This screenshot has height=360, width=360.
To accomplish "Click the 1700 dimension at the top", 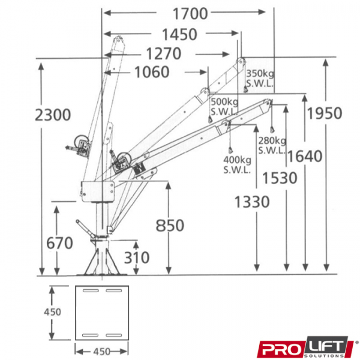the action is click(190, 14).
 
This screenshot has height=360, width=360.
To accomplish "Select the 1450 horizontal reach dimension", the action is click(179, 34).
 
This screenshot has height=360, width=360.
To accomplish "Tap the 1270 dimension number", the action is click(164, 54).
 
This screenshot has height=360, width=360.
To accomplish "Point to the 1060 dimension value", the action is click(152, 72).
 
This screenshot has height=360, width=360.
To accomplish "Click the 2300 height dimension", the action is click(53, 115).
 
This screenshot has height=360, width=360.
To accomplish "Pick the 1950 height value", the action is click(325, 113).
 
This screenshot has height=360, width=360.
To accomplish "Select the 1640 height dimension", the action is click(305, 157).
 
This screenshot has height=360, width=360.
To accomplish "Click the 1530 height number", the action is click(280, 178).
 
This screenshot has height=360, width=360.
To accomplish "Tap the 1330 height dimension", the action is click(252, 202).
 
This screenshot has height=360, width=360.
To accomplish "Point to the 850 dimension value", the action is click(170, 226).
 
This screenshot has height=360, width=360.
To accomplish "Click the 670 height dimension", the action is click(59, 243).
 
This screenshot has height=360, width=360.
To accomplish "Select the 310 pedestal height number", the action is click(137, 257).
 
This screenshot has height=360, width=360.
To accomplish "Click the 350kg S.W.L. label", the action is click(260, 79).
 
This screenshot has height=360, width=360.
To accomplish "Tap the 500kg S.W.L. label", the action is click(224, 107).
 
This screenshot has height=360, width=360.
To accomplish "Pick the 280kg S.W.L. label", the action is click(272, 145).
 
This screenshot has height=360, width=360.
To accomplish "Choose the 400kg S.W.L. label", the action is click(237, 164).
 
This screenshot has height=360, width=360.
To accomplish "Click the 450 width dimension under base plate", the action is click(102, 352).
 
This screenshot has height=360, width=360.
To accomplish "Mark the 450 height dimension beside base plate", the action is click(52, 312).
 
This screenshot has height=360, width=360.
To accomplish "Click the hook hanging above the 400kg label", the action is click(230, 151).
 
